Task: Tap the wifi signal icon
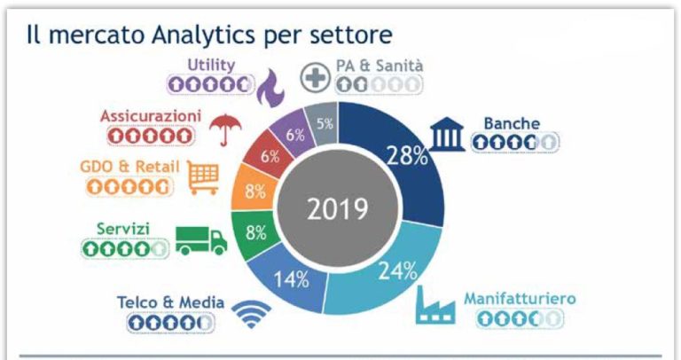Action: pyautogui.click(x=251, y=314)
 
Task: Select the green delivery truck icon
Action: pyautogui.click(x=200, y=239)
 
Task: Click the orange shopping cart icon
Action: pyautogui.click(x=203, y=177)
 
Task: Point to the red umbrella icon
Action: pyautogui.click(x=223, y=129)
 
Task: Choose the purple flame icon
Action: pyautogui.click(x=269, y=87)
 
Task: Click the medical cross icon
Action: pyautogui.click(x=315, y=78)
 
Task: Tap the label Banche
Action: pyautogui.click(x=512, y=121)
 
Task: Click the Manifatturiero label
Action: pyautogui.click(x=519, y=298)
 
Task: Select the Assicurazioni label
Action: pyautogui.click(x=151, y=116)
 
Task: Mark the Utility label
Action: pyautogui.click(x=210, y=64)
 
